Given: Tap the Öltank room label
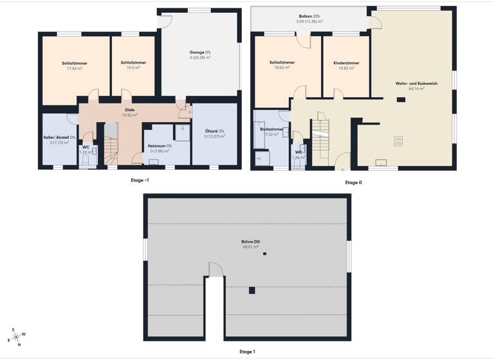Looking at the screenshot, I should point(214,131).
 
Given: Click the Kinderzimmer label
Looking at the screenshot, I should point(346,63).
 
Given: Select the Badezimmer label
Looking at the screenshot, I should point(271,129).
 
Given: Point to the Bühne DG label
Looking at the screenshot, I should point(250,242).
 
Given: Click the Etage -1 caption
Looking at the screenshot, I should point(140,181).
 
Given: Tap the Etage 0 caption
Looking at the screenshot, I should point(353,183).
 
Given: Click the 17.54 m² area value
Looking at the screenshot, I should point(75,68).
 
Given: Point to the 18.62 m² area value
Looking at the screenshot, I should point(282,67).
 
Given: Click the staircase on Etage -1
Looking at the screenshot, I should point(111,150).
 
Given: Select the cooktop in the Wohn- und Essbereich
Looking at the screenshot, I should point(398,139).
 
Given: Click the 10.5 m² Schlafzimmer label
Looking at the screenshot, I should point(133,63).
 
